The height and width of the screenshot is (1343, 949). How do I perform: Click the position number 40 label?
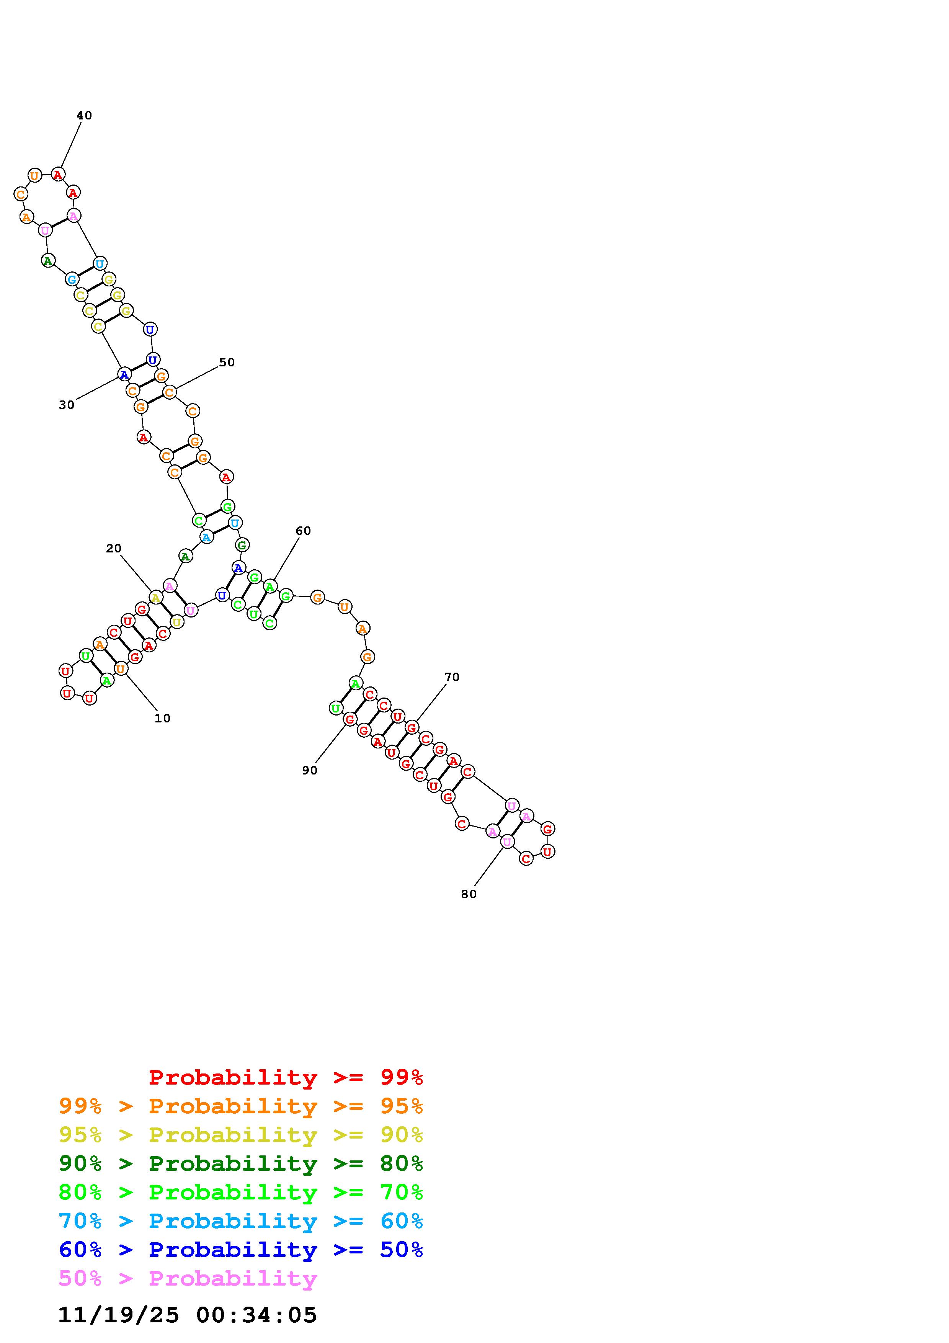click(84, 116)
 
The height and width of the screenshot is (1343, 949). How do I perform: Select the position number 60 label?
click(303, 531)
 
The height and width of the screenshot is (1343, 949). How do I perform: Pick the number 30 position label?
click(67, 405)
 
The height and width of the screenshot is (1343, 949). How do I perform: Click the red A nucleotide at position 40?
click(58, 174)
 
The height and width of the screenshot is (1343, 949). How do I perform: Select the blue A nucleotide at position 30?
click(124, 374)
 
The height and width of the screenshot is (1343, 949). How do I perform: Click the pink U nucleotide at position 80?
click(507, 842)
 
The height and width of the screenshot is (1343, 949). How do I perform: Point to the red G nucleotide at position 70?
click(412, 728)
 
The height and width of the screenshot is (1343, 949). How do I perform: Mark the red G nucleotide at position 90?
click(350, 719)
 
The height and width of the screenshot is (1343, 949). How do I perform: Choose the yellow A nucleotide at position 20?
click(155, 597)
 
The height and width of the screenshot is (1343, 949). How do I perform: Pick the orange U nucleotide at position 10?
click(121, 668)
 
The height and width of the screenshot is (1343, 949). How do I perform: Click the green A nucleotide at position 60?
click(270, 586)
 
